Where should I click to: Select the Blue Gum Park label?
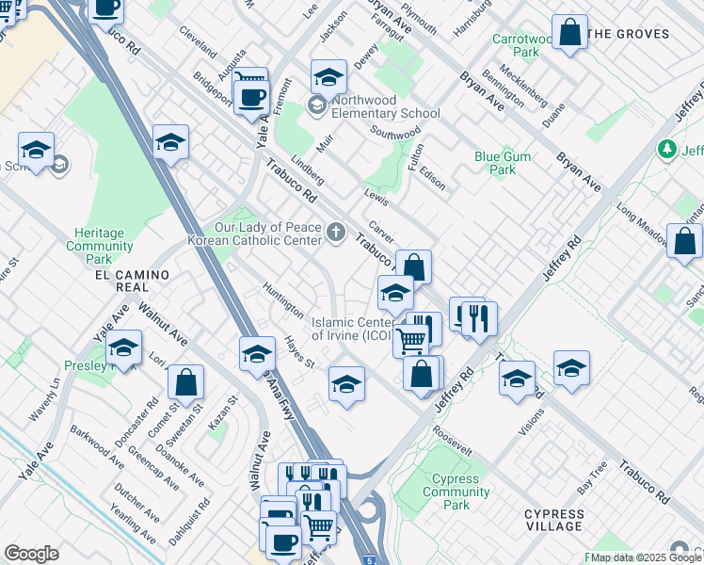coord(495,164)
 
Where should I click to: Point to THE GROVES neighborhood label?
coord(628,34)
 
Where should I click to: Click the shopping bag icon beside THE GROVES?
coord(569,33)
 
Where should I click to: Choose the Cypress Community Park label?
coord(456,492)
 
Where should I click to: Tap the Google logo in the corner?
coord(31,553)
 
